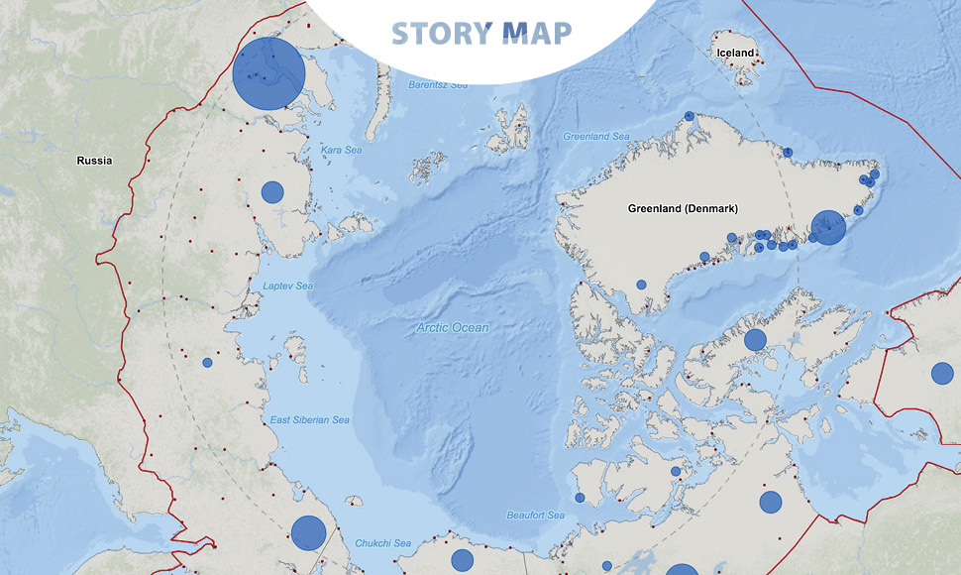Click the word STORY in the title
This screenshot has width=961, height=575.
(x=441, y=33)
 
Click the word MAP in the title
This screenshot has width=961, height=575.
(x=537, y=33)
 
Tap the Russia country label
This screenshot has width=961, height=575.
(x=95, y=160)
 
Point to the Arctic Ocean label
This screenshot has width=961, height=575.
(x=452, y=327)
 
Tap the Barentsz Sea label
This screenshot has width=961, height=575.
(x=438, y=85)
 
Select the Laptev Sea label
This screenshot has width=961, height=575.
(x=288, y=287)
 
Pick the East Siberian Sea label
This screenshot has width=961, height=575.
(x=310, y=420)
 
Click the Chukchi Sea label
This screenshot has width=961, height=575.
(x=382, y=543)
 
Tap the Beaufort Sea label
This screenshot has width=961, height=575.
(x=535, y=516)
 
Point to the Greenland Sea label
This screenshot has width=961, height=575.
(x=596, y=136)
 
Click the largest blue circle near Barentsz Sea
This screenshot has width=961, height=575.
(x=267, y=73)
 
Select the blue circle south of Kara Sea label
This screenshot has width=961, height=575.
(x=272, y=192)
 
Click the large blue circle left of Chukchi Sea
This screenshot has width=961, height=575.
(x=308, y=533)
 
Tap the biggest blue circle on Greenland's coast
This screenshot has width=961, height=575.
(x=827, y=228)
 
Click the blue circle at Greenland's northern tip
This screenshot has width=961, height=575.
(x=689, y=116)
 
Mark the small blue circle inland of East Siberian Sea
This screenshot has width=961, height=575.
(x=207, y=363)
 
